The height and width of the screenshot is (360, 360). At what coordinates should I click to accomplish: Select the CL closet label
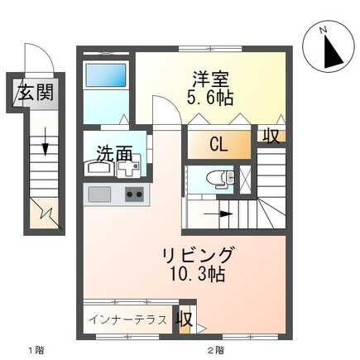pyautogui.click(x=218, y=145)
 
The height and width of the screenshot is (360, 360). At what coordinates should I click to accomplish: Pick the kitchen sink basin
pyautogui.click(x=100, y=195)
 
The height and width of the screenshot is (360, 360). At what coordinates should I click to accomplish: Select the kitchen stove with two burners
pyautogui.click(x=134, y=195)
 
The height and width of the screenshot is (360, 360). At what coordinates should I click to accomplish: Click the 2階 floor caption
pyautogui.click(x=215, y=351)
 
